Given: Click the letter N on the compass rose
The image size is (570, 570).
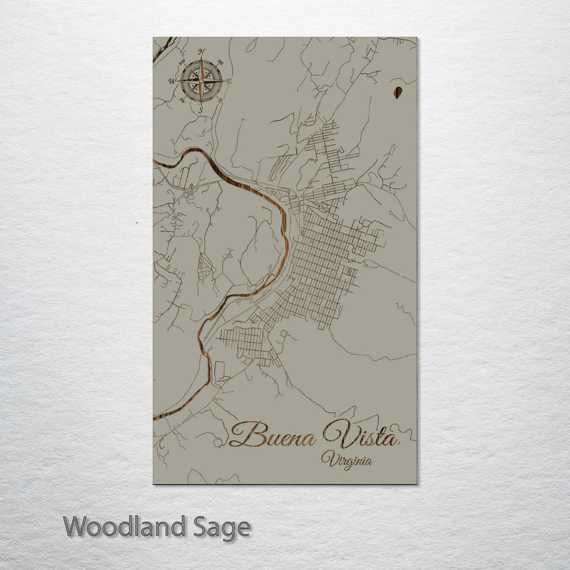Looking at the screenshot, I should (201, 52).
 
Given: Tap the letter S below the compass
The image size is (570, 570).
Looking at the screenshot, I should (201, 110).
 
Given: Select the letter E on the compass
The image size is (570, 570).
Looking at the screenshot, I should (230, 81).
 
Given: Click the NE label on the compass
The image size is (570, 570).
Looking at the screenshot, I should (221, 62).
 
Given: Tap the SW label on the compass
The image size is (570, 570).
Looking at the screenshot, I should (182, 100).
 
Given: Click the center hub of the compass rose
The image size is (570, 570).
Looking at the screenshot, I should (201, 81).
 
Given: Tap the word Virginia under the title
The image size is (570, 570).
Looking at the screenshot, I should (347, 460).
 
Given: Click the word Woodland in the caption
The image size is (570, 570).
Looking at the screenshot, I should (125, 527).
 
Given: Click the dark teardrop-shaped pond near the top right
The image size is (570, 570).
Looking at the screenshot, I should (397, 92).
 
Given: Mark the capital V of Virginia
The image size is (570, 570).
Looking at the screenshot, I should (327, 458).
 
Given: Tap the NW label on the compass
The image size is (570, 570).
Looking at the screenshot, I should (182, 62).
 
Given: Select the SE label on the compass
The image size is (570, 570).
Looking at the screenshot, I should (221, 100).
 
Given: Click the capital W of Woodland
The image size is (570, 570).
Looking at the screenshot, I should (75, 526).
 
